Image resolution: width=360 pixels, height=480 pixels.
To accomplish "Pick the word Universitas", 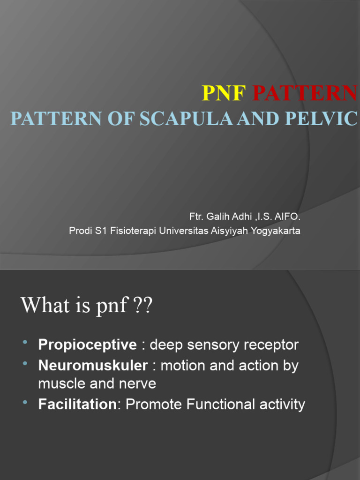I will [x=181, y=231].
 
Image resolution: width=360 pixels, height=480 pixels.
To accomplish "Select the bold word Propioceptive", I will [x=88, y=345].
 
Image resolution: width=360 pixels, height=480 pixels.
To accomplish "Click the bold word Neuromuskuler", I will [x=93, y=366].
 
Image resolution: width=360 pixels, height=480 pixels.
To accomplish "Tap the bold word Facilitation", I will [x=77, y=405].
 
